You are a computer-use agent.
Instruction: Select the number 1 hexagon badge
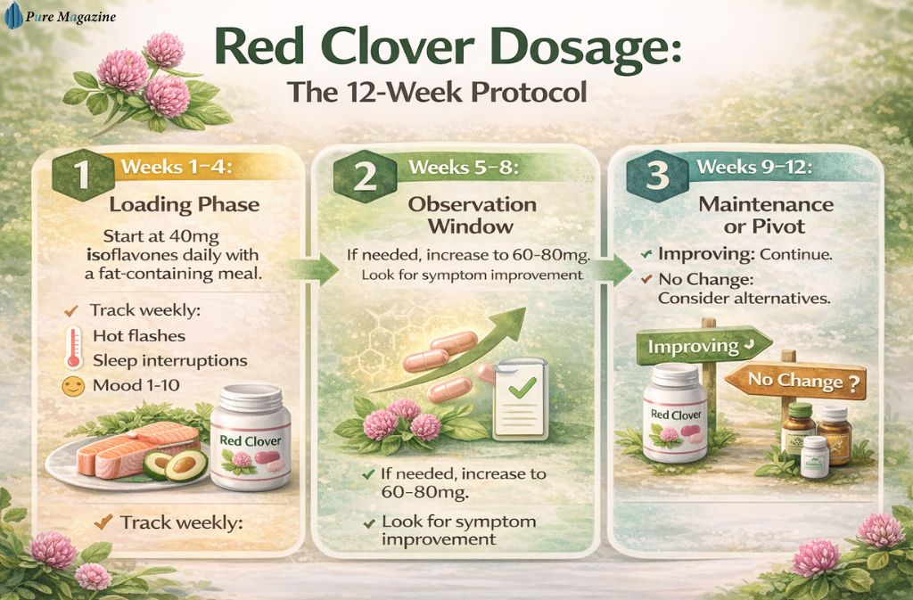pos(81,174)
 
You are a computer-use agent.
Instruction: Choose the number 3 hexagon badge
pos(658,175)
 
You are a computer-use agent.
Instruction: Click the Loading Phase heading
pos(185,204)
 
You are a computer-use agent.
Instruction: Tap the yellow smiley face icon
pos(73,387)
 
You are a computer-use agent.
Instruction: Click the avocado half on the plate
pos(186,462)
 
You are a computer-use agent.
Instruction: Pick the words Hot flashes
pos(139,336)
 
